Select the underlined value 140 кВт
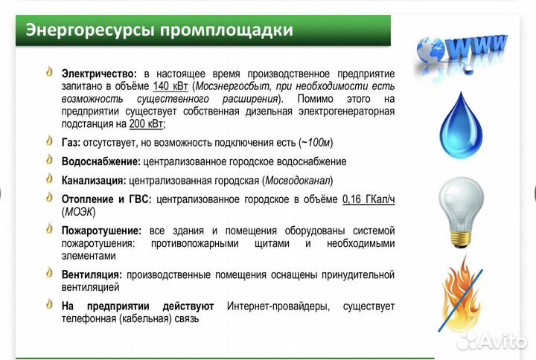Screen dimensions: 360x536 (x=170, y=86)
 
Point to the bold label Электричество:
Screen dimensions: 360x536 (x=99, y=74)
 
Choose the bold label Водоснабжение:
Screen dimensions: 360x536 (x=100, y=161)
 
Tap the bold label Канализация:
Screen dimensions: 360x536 (x=94, y=180)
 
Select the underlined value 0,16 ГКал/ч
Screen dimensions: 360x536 (x=368, y=199)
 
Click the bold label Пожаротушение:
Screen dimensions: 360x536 (x=102, y=231)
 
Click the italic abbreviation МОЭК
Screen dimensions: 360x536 (x=76, y=211)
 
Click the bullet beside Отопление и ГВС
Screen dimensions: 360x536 (x=50, y=198)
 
